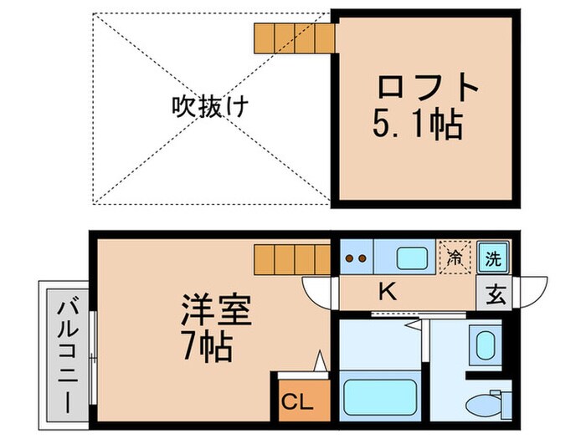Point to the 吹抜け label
pos(201,107)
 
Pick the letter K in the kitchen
pos(387,292)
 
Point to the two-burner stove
pos(357,258)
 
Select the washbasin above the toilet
pos(484,344)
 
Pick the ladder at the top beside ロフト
pos(294,36)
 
